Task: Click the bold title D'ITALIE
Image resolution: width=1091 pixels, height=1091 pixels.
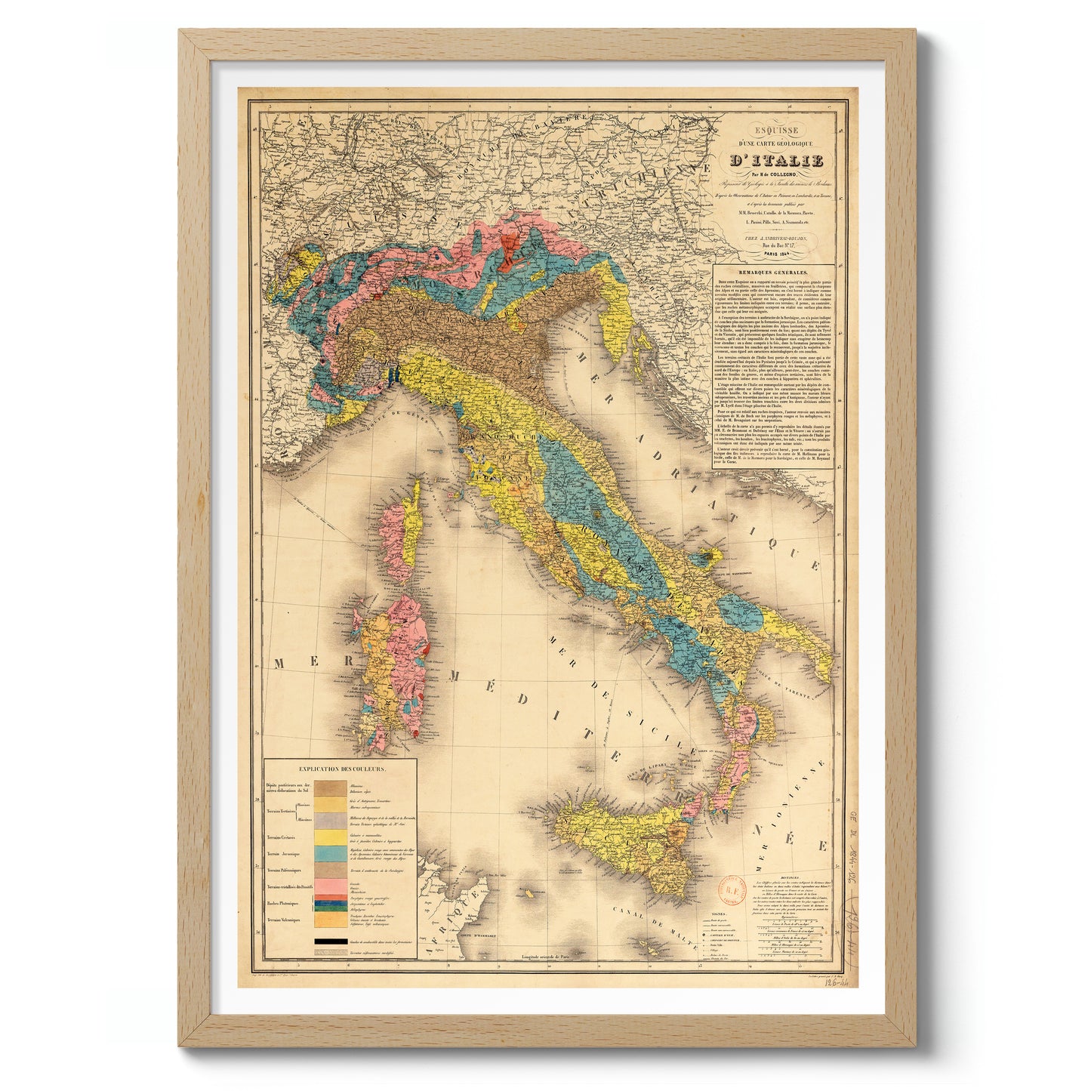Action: click(775, 161)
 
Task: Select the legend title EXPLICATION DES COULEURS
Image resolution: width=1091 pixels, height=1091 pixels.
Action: click(342, 769)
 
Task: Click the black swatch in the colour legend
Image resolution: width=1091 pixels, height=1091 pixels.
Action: click(330, 942)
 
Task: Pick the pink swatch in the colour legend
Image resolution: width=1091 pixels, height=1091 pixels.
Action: click(330, 885)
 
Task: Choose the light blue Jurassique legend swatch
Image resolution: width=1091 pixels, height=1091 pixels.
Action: click(330, 853)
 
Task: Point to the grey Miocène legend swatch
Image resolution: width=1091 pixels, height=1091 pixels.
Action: click(330, 820)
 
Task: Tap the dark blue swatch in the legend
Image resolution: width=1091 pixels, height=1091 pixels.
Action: click(330, 903)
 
